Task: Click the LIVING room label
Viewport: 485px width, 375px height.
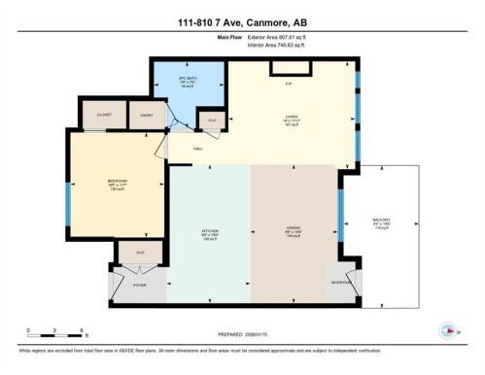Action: pyautogui.click(x=288, y=120)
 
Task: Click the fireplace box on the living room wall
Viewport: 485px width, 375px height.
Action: pyautogui.click(x=289, y=67)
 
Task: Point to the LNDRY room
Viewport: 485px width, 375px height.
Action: pyautogui.click(x=147, y=114)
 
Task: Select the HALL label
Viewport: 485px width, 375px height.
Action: pyautogui.click(x=197, y=149)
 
